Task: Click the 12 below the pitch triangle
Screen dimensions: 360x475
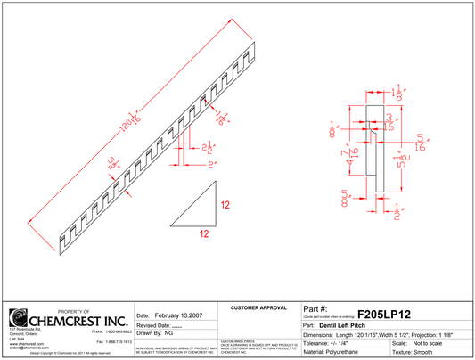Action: [204, 234]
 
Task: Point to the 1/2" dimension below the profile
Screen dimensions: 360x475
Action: [397, 211]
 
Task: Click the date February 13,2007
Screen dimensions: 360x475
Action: [178, 315]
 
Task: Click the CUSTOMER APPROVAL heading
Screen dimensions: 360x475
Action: [258, 308]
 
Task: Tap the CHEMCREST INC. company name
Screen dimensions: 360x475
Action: [79, 319]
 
